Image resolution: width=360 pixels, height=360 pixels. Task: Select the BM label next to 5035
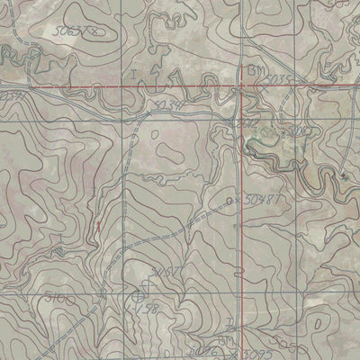click(251, 69)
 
